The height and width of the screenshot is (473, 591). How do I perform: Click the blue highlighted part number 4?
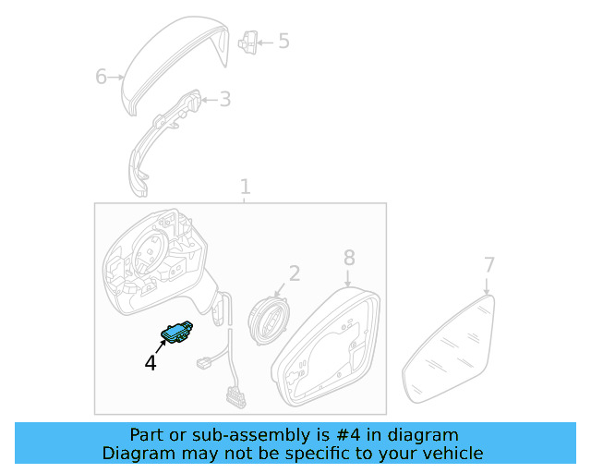click(x=176, y=333)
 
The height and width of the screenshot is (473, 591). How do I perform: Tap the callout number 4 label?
click(x=151, y=363)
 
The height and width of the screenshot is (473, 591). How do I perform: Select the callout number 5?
click(x=283, y=41)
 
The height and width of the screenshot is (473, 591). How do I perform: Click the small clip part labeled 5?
click(x=248, y=42)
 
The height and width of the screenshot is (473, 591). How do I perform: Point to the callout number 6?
click(x=101, y=77)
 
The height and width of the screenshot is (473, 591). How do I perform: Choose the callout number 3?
click(x=225, y=99)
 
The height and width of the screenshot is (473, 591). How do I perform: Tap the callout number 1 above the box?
click(x=245, y=187)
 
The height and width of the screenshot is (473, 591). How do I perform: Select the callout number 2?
click(x=295, y=273)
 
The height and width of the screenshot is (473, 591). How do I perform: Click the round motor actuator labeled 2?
click(x=267, y=321)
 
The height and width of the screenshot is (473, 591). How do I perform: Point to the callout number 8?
click(x=349, y=258)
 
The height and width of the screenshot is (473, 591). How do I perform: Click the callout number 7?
click(x=488, y=265)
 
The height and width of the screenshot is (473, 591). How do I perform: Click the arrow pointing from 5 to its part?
click(x=265, y=42)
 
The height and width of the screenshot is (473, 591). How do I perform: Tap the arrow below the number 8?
click(x=348, y=278)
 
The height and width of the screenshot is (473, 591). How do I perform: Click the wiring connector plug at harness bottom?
click(x=236, y=397)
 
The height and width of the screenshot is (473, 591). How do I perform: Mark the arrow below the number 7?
click(x=487, y=286)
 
